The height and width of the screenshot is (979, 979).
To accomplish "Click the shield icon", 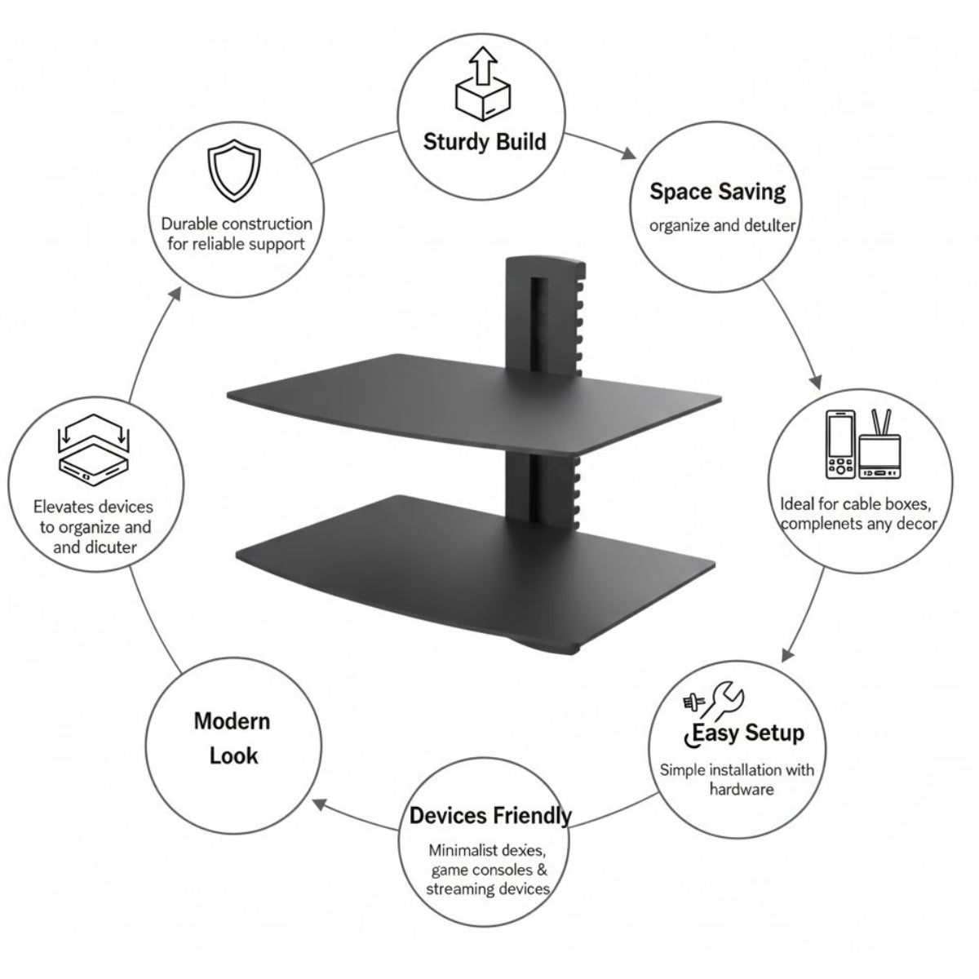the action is (x=233, y=171).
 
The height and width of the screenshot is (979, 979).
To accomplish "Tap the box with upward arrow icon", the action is (x=482, y=83).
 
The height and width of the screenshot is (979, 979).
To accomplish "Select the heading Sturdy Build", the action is (x=485, y=142).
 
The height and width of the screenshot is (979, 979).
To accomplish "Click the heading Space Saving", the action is (x=717, y=192).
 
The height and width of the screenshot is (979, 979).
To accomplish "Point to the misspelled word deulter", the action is (x=769, y=225).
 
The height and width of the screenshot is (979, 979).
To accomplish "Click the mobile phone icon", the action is (x=840, y=445).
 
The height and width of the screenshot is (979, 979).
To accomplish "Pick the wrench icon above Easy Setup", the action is (x=727, y=702).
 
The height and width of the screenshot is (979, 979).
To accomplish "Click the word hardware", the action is (x=742, y=790).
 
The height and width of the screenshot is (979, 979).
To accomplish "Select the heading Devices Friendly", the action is (x=490, y=815).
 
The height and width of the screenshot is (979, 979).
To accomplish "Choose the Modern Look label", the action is (x=233, y=738).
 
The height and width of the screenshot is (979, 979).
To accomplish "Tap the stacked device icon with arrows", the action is (x=94, y=449).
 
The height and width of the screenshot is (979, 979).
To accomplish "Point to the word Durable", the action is (x=189, y=224).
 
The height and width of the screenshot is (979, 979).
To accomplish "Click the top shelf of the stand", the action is (x=473, y=401).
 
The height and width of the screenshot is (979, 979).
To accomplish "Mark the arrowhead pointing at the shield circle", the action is (x=175, y=294).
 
